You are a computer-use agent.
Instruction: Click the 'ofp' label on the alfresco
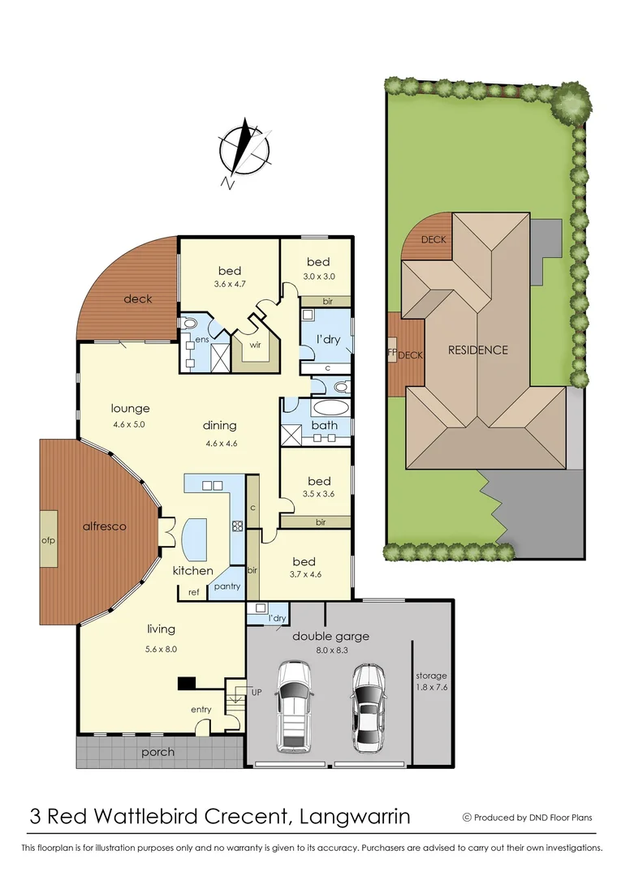[x=48, y=540]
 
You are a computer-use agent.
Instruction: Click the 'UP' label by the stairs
[x=257, y=691]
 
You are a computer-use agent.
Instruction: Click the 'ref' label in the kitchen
[x=193, y=592]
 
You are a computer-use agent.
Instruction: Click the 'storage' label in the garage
[x=430, y=676]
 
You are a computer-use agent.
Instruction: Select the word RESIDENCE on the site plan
[x=478, y=350]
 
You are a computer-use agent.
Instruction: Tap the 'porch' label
[x=157, y=752]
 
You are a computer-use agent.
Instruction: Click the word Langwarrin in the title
[x=355, y=815]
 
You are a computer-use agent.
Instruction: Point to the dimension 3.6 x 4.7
[x=229, y=285]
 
